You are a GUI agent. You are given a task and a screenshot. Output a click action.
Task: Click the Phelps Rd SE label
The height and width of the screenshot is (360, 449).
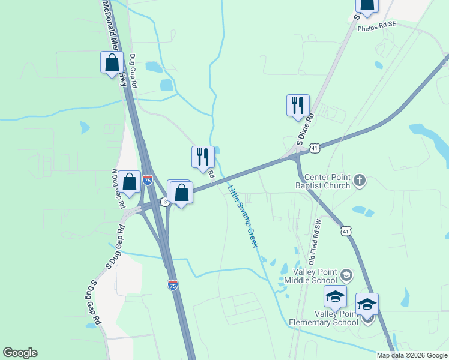click(x=377, y=26)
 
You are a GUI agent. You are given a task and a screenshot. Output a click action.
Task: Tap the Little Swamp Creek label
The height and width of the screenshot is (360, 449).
click(x=243, y=217)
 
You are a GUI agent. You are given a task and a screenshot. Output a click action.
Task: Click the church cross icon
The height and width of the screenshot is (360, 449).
click(x=360, y=181)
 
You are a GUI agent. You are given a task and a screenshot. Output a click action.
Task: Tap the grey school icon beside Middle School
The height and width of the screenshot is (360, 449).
click(x=346, y=275)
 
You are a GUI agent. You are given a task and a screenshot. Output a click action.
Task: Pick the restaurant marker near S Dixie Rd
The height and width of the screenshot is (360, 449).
click(x=298, y=106)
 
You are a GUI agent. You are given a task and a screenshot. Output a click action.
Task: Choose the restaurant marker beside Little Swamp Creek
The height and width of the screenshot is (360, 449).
click(x=203, y=157)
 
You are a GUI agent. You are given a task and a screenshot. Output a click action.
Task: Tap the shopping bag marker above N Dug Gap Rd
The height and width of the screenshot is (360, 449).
click(x=129, y=182)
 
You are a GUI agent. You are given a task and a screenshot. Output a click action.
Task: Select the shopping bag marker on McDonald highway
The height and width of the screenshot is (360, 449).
click(x=112, y=62)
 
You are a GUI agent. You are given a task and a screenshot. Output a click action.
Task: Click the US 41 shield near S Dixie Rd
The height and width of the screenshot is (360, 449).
click(x=315, y=146)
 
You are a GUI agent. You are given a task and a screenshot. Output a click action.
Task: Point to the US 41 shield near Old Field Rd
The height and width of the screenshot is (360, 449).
click(x=345, y=230)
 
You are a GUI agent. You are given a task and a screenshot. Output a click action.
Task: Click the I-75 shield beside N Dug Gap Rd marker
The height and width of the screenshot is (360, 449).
click(x=148, y=179)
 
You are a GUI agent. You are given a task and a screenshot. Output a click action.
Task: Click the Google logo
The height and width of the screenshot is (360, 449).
click(x=20, y=353)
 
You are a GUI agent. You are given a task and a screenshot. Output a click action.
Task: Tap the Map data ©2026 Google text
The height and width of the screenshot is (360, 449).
click(x=412, y=355)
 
